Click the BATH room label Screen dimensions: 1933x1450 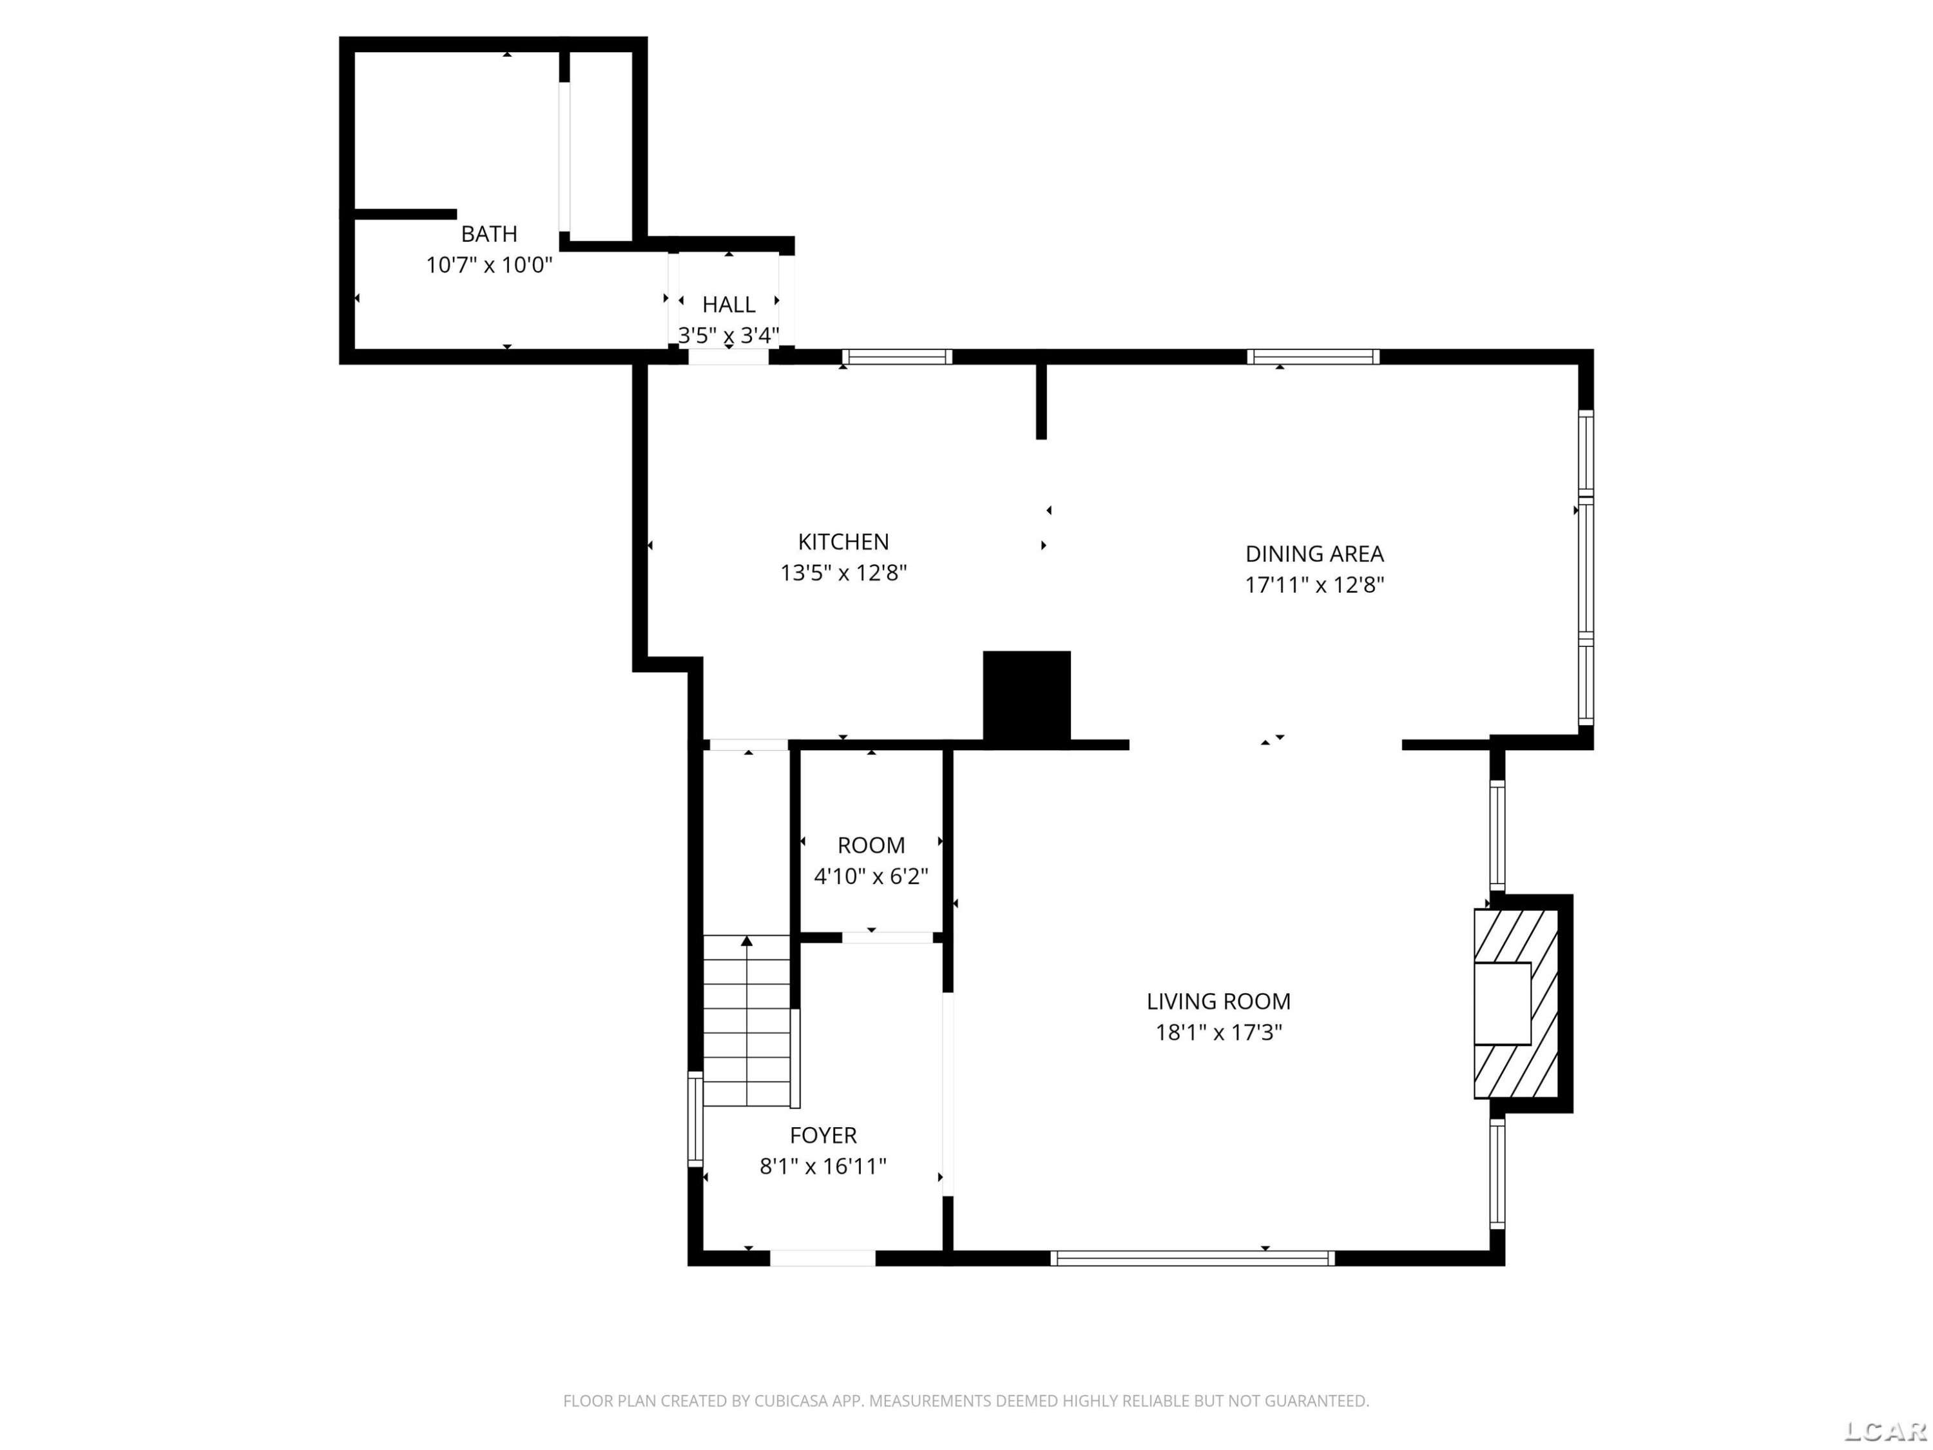(x=488, y=234)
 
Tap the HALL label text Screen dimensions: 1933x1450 (x=729, y=305)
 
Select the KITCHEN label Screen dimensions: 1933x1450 (x=843, y=542)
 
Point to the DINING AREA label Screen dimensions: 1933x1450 (x=1314, y=554)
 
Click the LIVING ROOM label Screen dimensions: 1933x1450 (x=1218, y=1001)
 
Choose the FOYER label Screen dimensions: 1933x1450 (x=823, y=1136)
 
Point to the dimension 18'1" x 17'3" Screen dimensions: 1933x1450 (x=1218, y=1033)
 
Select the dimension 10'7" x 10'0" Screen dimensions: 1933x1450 (x=488, y=265)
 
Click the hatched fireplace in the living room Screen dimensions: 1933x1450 (x=1516, y=1003)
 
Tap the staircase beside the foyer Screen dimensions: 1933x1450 (x=747, y=1021)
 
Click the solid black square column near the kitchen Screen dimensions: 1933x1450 (x=1027, y=699)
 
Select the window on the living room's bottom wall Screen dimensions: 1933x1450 (x=1192, y=1259)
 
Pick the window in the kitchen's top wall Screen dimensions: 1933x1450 (x=898, y=356)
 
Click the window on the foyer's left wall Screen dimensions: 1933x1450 (x=696, y=1119)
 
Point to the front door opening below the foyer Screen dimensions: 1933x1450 (x=822, y=1259)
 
